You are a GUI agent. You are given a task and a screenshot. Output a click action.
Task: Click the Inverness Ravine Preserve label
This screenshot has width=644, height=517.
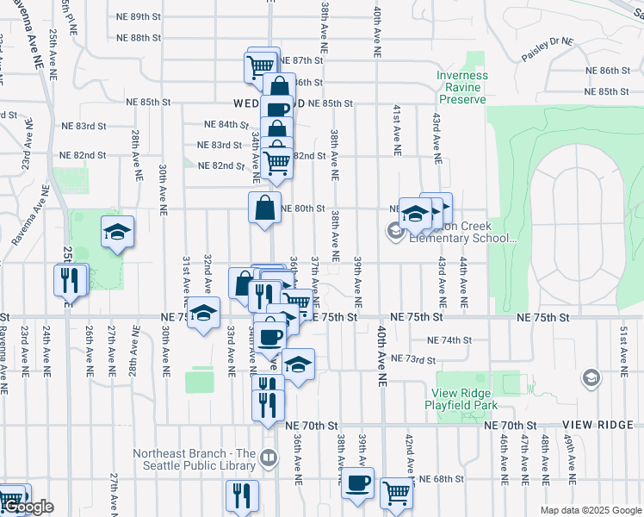coord(461,87)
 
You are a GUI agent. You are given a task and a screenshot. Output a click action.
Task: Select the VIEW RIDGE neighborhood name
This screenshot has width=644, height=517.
coord(598,426)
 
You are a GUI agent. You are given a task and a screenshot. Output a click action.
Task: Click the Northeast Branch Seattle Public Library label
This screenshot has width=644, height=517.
coord(195,454)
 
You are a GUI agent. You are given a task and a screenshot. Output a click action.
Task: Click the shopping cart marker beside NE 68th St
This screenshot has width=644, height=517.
coord(396,494)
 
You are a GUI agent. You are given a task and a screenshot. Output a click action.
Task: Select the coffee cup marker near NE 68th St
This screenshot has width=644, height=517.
coord(357,483)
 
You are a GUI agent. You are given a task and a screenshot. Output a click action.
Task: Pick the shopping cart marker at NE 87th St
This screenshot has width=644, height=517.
coord(259,65)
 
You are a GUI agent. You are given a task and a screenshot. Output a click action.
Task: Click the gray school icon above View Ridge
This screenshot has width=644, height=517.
coord(591,377)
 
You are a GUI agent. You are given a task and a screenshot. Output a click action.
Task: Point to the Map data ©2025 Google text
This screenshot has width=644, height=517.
coord(590,510)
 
